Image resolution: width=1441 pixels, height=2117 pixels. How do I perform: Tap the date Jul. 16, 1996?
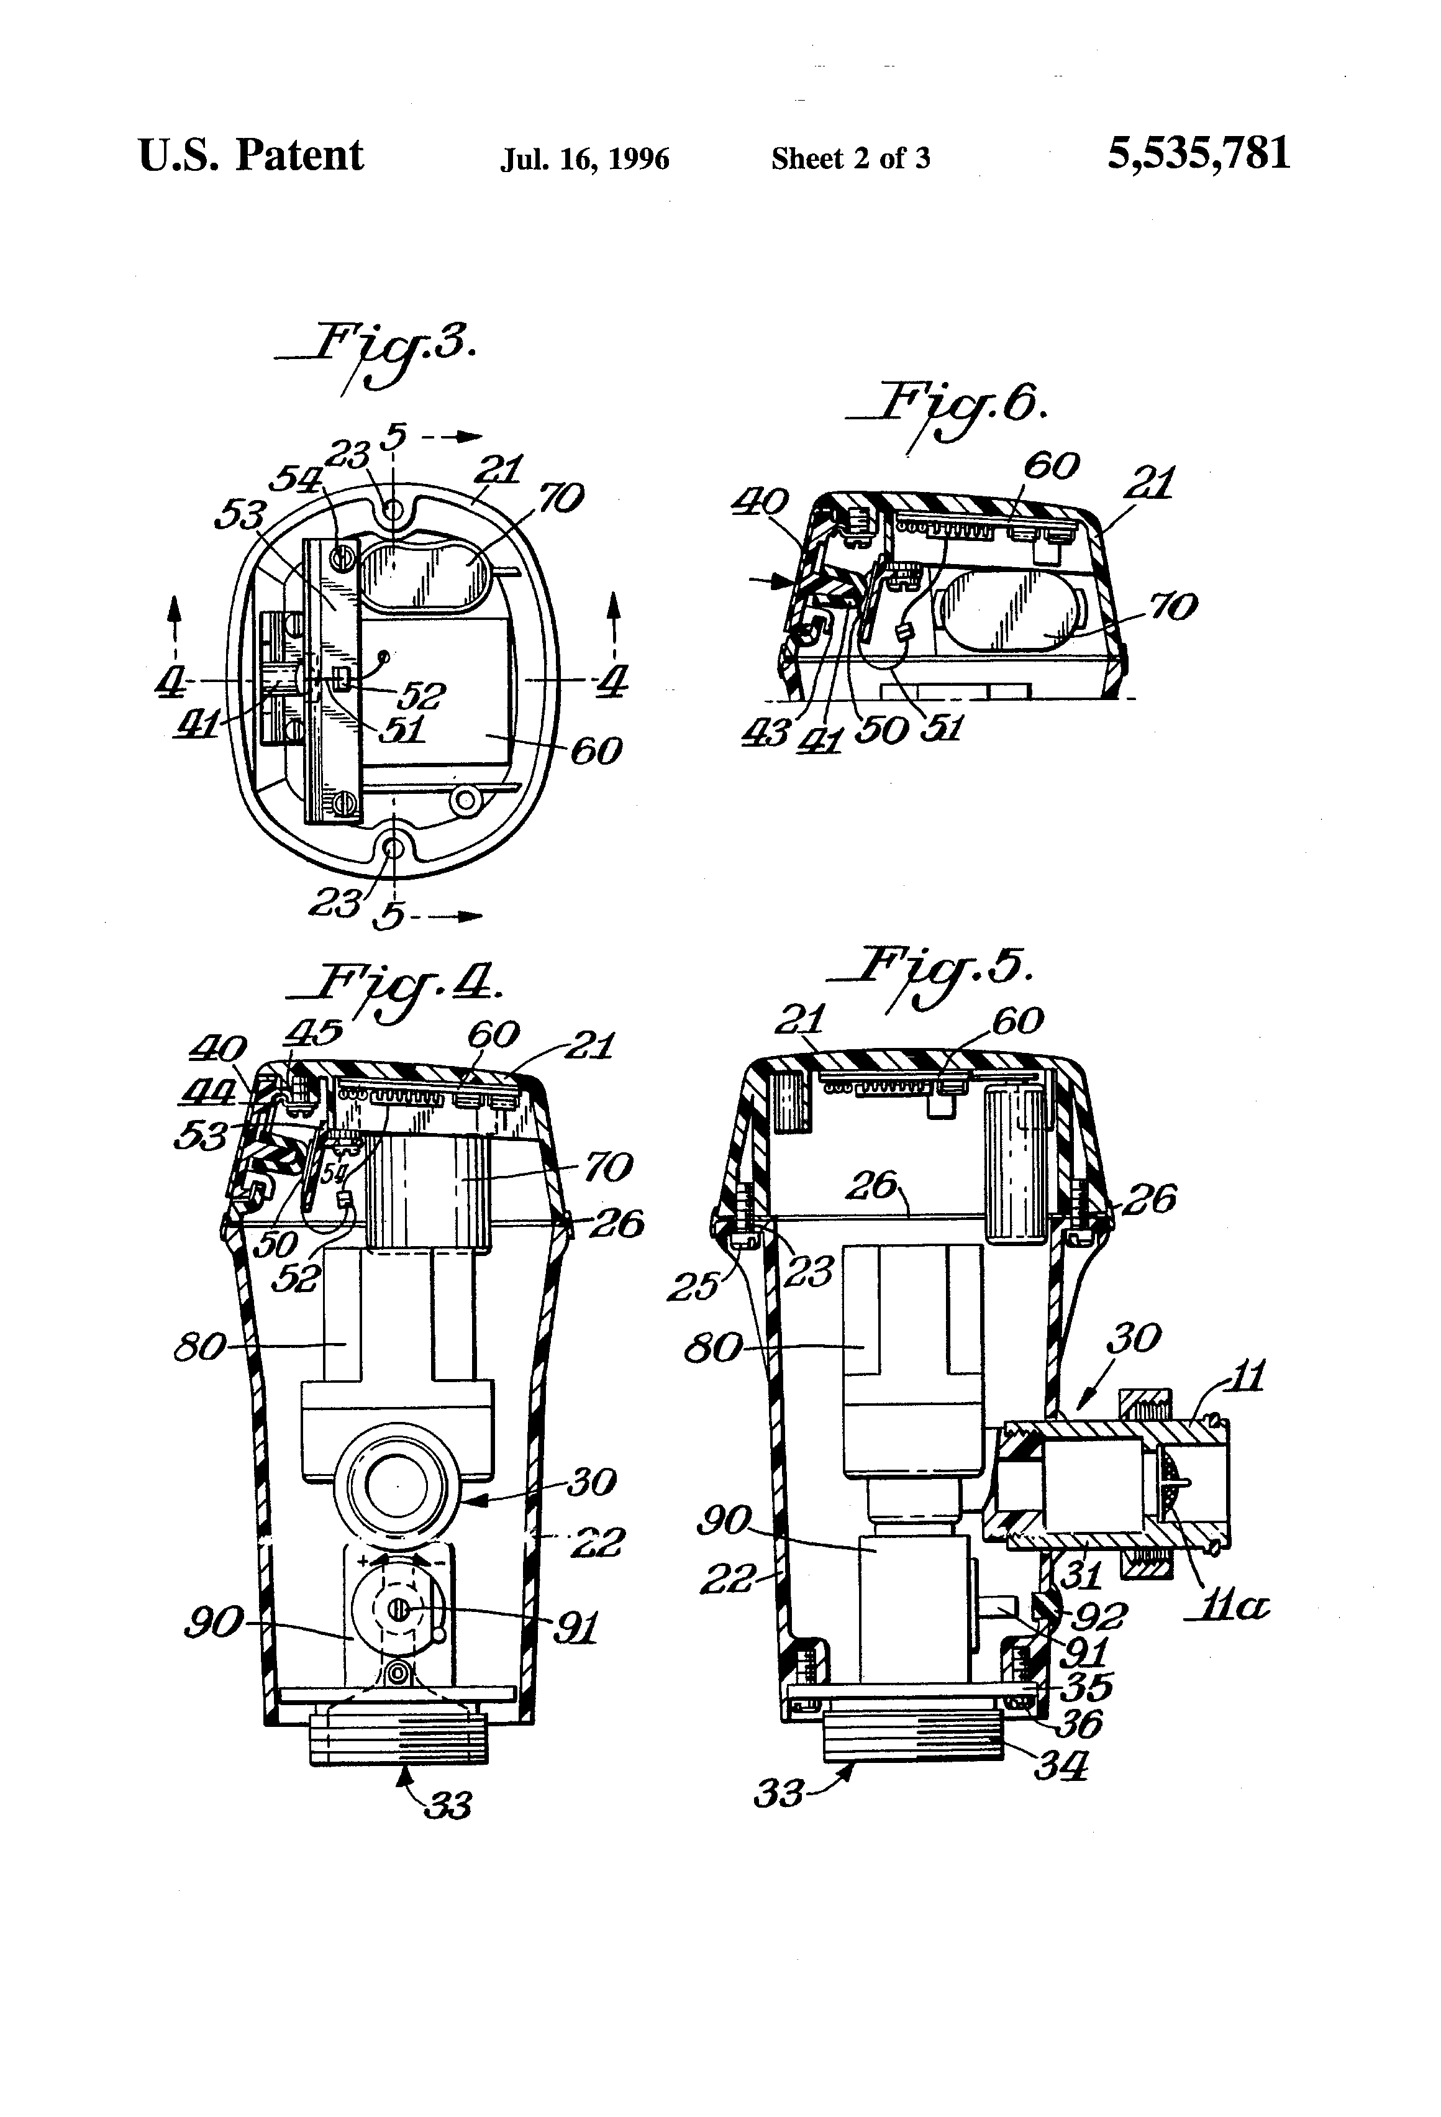(x=584, y=160)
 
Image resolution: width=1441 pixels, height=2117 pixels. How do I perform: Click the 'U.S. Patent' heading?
(x=250, y=155)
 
